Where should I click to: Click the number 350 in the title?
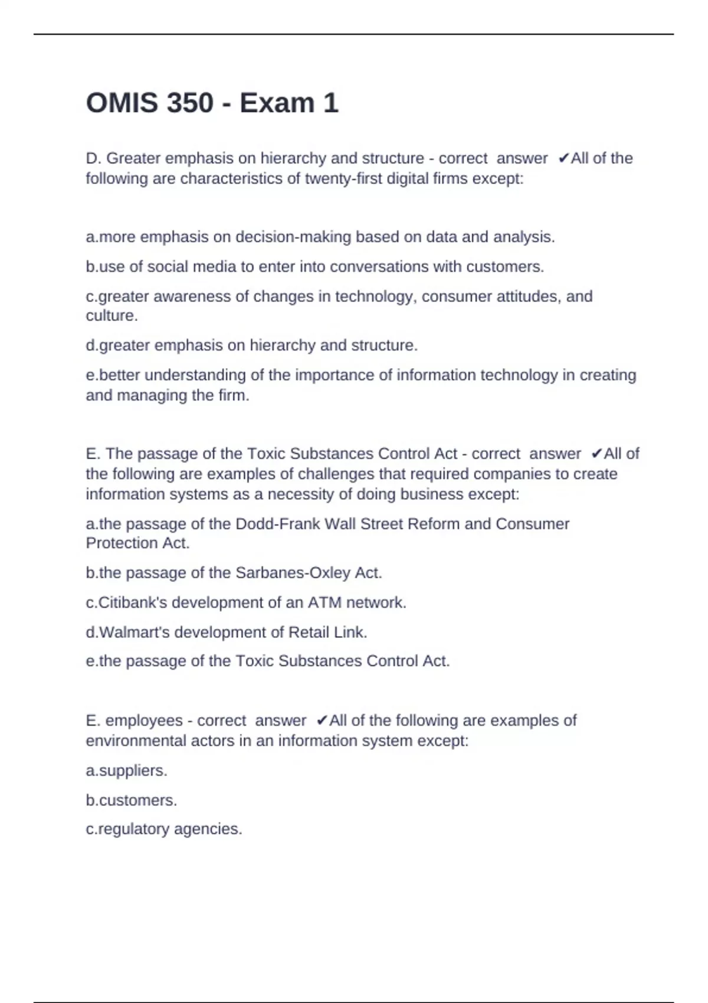[x=190, y=103]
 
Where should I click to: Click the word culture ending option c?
[x=110, y=316]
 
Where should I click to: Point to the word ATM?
[x=324, y=602]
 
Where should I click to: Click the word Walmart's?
[x=134, y=632]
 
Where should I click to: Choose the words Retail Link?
[x=327, y=632]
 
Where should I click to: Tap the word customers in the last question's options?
[x=137, y=800]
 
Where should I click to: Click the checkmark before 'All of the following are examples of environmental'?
[x=322, y=720]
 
